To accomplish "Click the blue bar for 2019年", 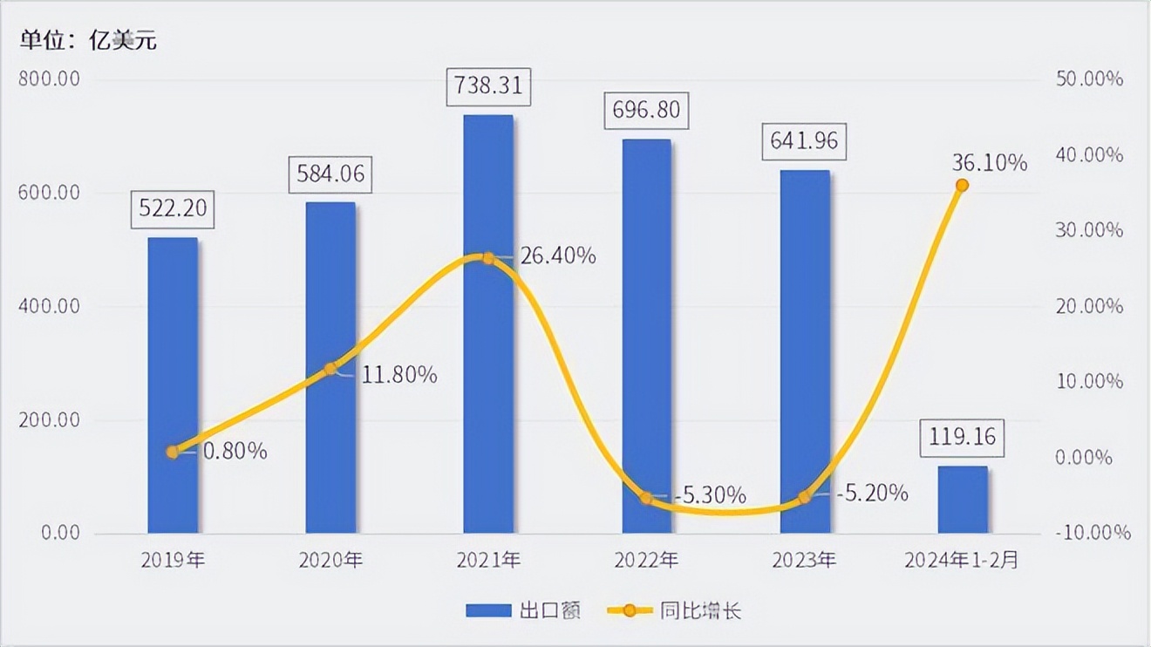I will [173, 384].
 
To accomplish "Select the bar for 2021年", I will [488, 323].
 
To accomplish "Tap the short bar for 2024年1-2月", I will [963, 500].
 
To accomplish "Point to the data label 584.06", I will [330, 174].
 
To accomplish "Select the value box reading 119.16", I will [963, 437].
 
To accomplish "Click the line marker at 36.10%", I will [962, 185].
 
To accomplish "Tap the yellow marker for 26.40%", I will [488, 258].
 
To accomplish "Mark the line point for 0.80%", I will [173, 452].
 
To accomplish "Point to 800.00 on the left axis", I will [49, 79].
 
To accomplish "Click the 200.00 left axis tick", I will [49, 420].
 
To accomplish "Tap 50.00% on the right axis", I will [1089, 79].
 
